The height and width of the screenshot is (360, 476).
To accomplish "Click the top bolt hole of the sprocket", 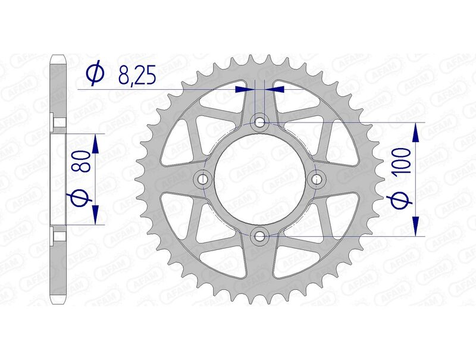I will pos(260,123).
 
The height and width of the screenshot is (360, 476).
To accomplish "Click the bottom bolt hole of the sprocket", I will pos(260,236).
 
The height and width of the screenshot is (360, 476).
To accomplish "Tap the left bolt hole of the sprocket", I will pos(203,179).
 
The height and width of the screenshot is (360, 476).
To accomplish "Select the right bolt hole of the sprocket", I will pos(317,179).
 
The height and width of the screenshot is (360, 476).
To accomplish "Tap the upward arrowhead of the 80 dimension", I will pos(95,142).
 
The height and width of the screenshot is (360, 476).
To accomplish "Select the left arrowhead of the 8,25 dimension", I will pos(243,89).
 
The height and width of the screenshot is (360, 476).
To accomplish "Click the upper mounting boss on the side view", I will pos(60,123).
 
